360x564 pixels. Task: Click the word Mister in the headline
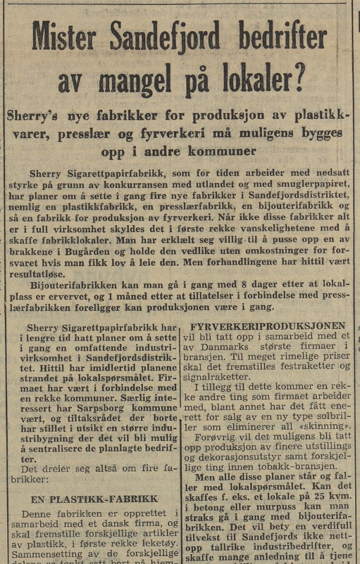click(64, 39)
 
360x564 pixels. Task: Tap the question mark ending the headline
click(298, 79)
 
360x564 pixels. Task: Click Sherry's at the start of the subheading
click(36, 116)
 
